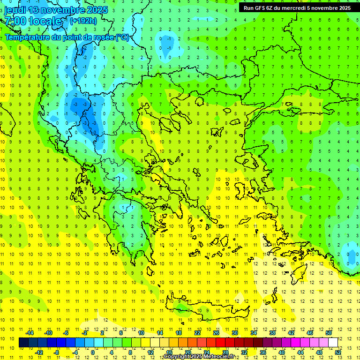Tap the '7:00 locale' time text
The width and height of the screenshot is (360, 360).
point(33,21)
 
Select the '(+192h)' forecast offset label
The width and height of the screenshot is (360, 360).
point(83,21)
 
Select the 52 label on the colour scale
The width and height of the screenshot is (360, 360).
point(338,352)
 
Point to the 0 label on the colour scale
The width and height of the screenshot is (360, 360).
point(93,352)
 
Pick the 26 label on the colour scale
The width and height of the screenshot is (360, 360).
point(216,333)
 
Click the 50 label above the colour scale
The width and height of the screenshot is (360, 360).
point(329,333)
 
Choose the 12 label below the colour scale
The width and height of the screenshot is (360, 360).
point(150,352)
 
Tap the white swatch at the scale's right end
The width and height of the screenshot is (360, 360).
point(333,342)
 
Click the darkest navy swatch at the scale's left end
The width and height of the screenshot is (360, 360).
point(23,342)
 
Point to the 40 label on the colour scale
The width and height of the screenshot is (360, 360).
point(281,352)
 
